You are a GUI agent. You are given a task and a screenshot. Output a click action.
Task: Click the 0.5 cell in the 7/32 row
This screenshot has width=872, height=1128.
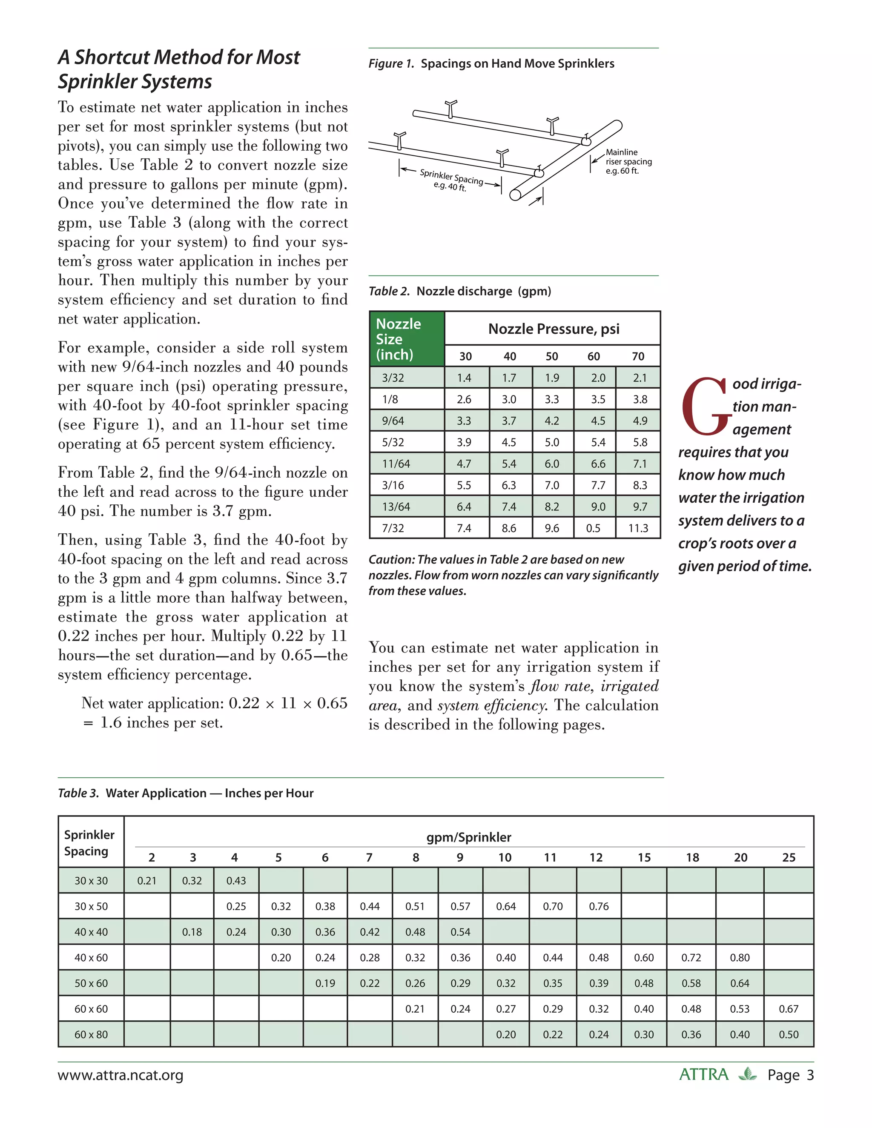pos(593,528)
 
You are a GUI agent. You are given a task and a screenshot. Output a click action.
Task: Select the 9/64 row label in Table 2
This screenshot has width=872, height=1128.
pos(393,421)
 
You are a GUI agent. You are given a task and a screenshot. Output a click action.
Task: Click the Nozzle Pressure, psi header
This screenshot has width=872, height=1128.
pos(553,329)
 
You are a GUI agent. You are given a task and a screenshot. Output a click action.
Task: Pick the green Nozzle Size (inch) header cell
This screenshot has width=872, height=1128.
pos(407,339)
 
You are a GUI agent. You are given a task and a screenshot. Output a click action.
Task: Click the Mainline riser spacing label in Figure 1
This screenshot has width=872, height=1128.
pos(628,161)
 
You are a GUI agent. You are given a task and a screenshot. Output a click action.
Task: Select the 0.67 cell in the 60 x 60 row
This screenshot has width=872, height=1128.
pos(788,1009)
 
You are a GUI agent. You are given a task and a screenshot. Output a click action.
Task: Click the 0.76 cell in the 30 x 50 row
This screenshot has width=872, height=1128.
pos(598,906)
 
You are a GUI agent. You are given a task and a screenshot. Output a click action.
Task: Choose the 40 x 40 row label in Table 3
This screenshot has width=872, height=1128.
pos(91,932)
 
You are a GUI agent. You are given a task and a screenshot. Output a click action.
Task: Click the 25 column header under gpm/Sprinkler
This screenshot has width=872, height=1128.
pos(788,857)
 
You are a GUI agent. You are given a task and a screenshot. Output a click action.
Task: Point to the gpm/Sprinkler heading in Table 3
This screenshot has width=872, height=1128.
pos(468,837)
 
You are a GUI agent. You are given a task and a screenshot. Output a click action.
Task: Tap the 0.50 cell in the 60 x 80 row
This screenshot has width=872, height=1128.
pos(788,1034)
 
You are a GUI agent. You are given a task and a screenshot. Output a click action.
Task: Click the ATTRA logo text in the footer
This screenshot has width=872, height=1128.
pos(703,1075)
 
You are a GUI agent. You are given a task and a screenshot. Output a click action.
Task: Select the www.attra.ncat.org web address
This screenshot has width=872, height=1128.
pos(120,1075)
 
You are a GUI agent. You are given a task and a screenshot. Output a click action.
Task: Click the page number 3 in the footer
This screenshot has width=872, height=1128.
pos(810,1075)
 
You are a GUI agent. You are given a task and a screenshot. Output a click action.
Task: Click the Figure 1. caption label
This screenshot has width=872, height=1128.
pos(391,63)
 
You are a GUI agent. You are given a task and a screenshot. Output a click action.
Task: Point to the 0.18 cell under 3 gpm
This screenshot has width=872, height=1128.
pos(192,932)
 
